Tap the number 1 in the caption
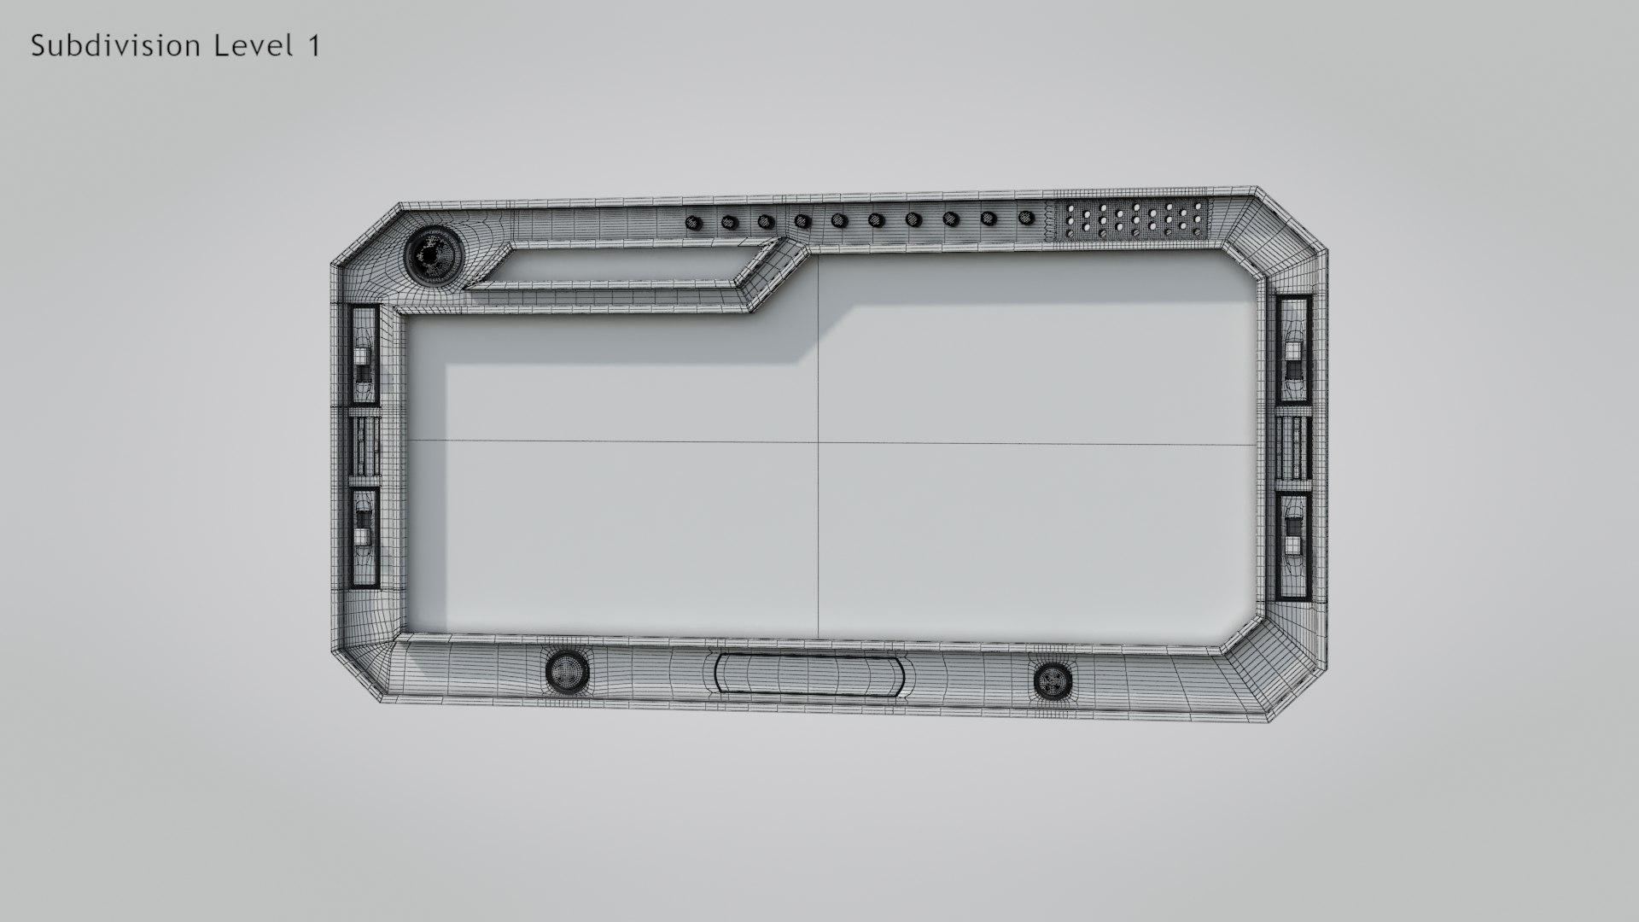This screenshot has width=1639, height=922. pyautogui.click(x=312, y=46)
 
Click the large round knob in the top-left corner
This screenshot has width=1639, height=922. pyautogui.click(x=431, y=254)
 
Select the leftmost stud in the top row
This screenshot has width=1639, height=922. pyautogui.click(x=693, y=224)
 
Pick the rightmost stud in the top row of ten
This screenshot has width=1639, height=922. pyautogui.click(x=1025, y=219)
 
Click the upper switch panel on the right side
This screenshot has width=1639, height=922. pyautogui.click(x=1294, y=351)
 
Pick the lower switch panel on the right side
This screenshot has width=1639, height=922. pyautogui.click(x=1294, y=546)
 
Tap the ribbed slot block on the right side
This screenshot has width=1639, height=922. pyautogui.click(x=1294, y=448)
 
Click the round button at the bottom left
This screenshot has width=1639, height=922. pyautogui.click(x=567, y=671)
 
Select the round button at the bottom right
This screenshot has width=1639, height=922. pyautogui.click(x=1052, y=680)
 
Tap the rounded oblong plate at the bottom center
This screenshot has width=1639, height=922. pyautogui.click(x=808, y=674)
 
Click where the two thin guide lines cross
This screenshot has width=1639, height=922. pyautogui.click(x=819, y=442)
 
